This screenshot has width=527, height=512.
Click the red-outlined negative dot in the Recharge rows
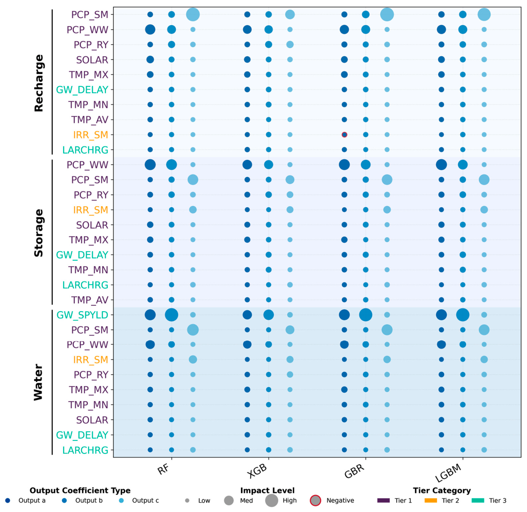(344, 135)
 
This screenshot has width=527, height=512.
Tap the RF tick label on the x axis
(164, 469)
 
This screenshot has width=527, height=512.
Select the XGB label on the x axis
(257, 470)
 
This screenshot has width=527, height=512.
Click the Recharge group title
(39, 83)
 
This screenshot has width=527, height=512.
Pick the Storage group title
(39, 233)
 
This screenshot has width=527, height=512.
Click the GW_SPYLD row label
(82, 315)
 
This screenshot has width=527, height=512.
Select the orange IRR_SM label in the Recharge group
(91, 135)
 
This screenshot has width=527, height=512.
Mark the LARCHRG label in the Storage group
(86, 285)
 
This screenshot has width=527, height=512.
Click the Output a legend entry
(26, 501)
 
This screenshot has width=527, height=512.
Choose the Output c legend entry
(139, 501)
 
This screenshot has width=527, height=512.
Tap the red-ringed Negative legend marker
(315, 501)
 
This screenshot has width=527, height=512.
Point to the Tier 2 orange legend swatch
(431, 501)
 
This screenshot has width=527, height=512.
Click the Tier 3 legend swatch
(478, 501)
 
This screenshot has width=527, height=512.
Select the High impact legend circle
(272, 501)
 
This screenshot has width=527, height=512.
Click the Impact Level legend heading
(268, 490)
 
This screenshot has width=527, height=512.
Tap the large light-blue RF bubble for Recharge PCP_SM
(193, 14)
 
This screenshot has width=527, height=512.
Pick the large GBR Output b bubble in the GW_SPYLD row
(366, 315)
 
